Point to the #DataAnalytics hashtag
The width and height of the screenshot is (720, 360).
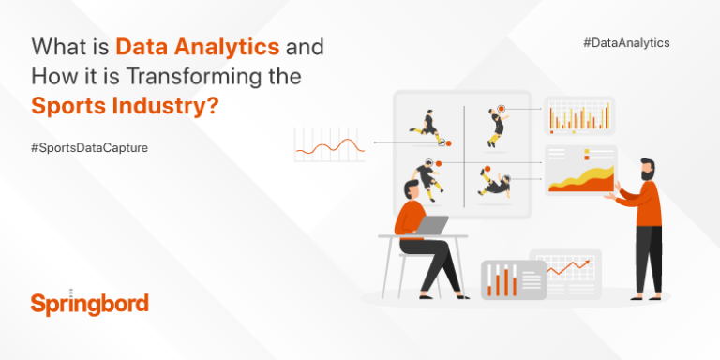click(x=626, y=43)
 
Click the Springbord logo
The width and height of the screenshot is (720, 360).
click(x=89, y=303)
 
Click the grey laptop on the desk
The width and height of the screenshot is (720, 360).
click(x=430, y=226)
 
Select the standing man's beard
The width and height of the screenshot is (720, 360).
click(x=647, y=176)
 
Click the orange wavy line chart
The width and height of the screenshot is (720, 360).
click(x=329, y=144)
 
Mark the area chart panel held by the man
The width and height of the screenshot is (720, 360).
click(x=580, y=172)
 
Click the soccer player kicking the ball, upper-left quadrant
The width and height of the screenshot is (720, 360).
click(x=427, y=127)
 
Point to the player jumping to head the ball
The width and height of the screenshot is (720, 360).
click(x=495, y=126)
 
